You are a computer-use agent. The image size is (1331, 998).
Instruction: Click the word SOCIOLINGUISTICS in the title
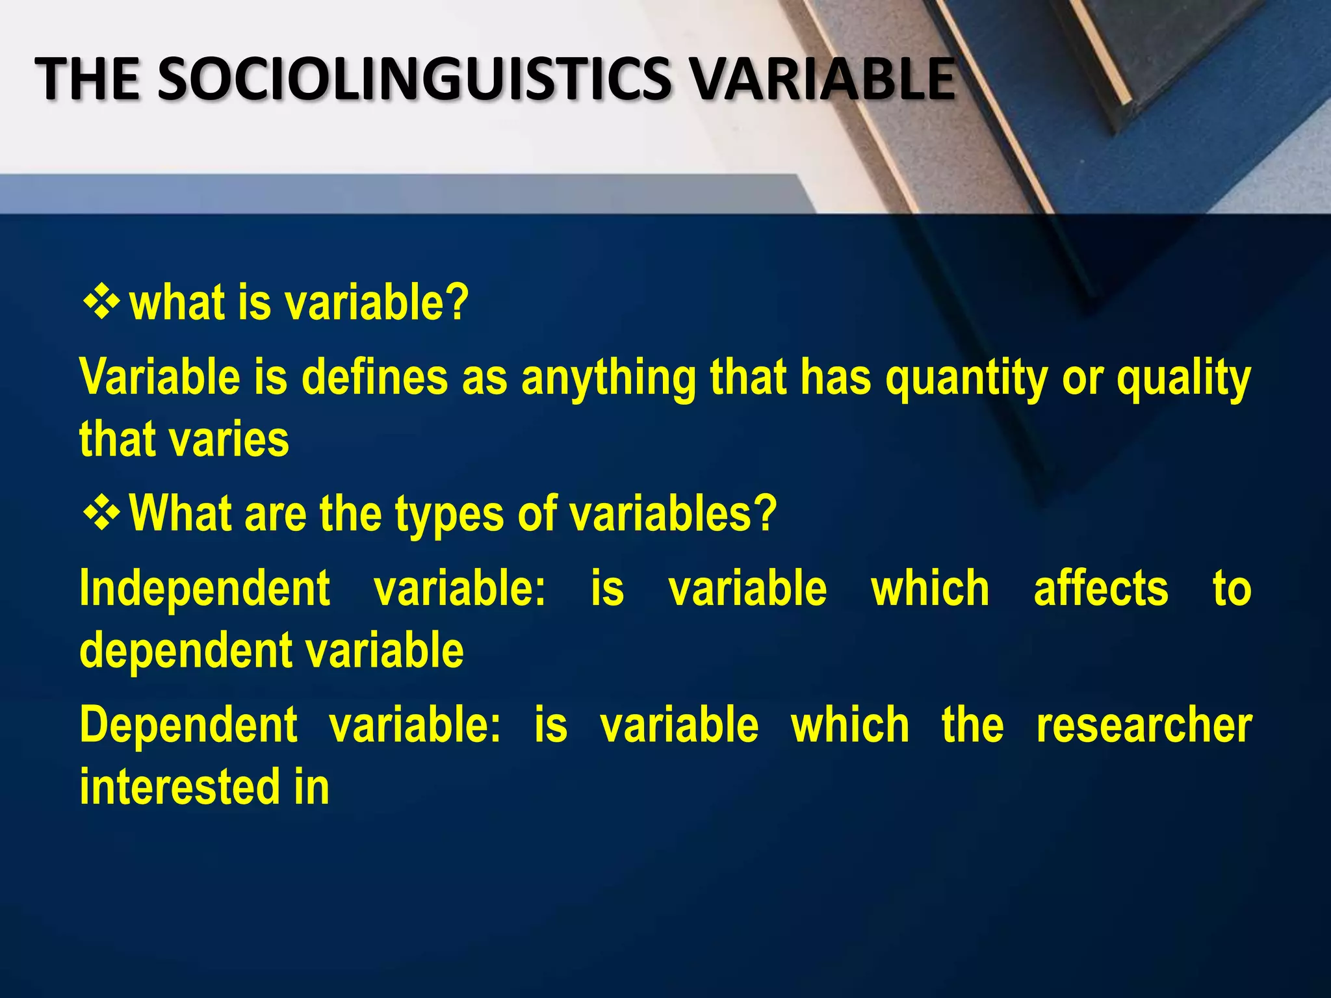point(413,79)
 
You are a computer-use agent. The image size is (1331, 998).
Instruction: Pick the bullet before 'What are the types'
point(101,512)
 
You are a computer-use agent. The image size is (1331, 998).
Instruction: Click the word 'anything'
point(608,379)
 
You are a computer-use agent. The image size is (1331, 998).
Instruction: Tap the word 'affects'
point(1101,588)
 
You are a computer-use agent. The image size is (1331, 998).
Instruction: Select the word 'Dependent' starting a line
point(188,726)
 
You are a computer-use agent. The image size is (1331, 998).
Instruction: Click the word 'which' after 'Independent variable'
point(930,588)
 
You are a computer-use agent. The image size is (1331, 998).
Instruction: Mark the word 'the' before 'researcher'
point(972,725)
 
